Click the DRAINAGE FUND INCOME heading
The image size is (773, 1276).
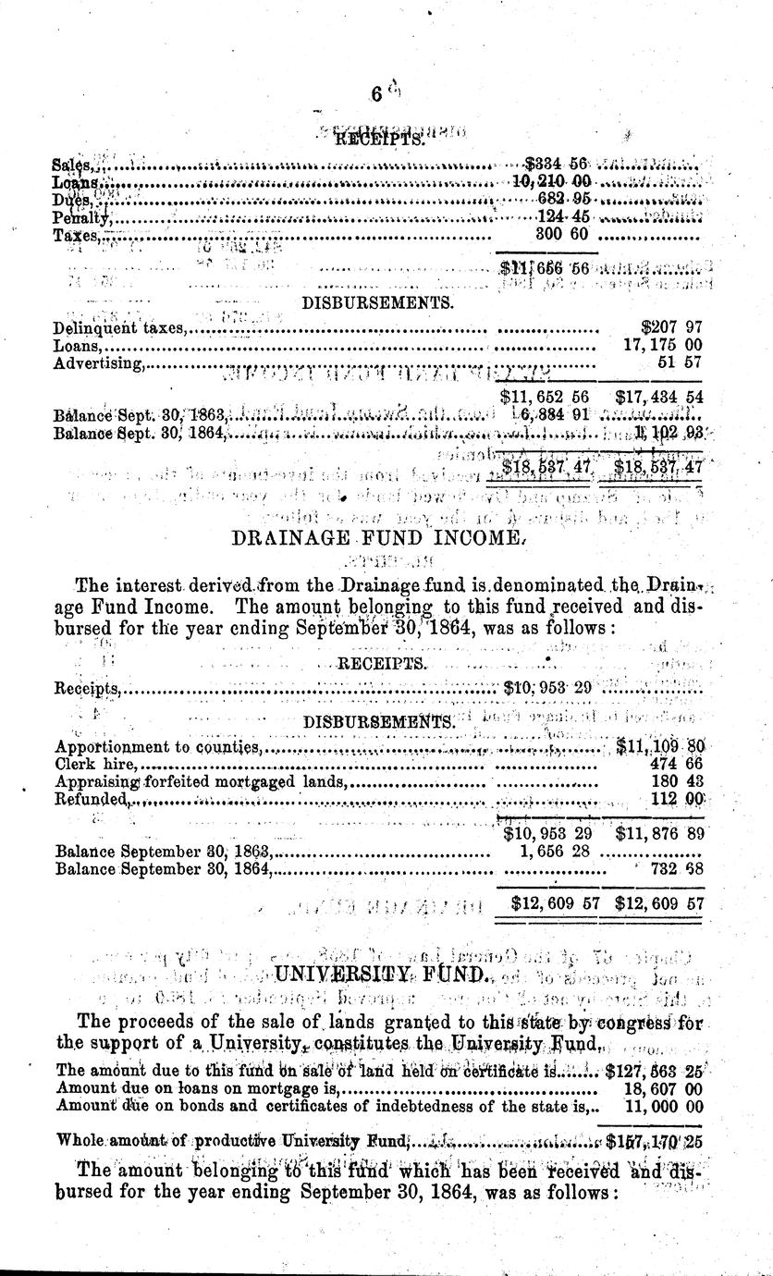click(386, 536)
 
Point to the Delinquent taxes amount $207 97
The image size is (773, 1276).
click(671, 327)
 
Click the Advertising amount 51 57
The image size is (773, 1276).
click(682, 362)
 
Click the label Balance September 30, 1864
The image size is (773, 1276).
click(163, 868)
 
